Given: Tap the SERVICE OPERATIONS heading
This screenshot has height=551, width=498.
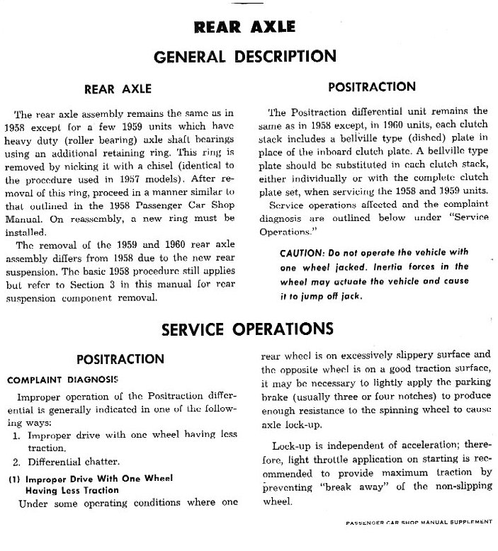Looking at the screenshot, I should pos(248,329).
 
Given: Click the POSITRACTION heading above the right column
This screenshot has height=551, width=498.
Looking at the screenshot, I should pos(373,87).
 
